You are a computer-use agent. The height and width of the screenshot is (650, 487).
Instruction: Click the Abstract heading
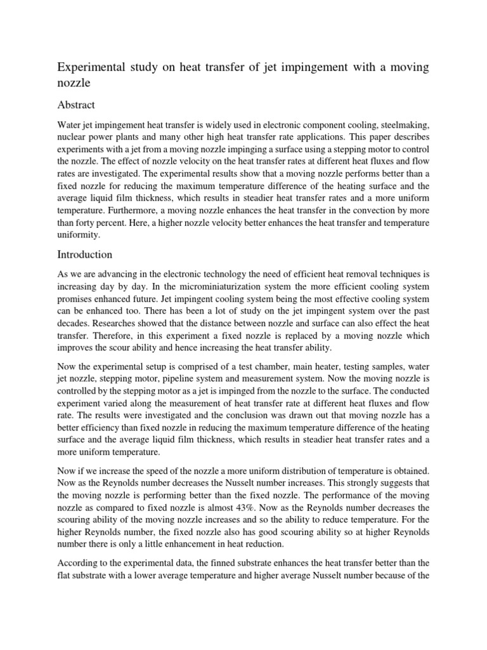76,104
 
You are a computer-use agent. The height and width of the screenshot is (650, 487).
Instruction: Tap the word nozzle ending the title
74,83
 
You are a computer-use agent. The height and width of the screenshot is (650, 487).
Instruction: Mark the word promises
77,303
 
